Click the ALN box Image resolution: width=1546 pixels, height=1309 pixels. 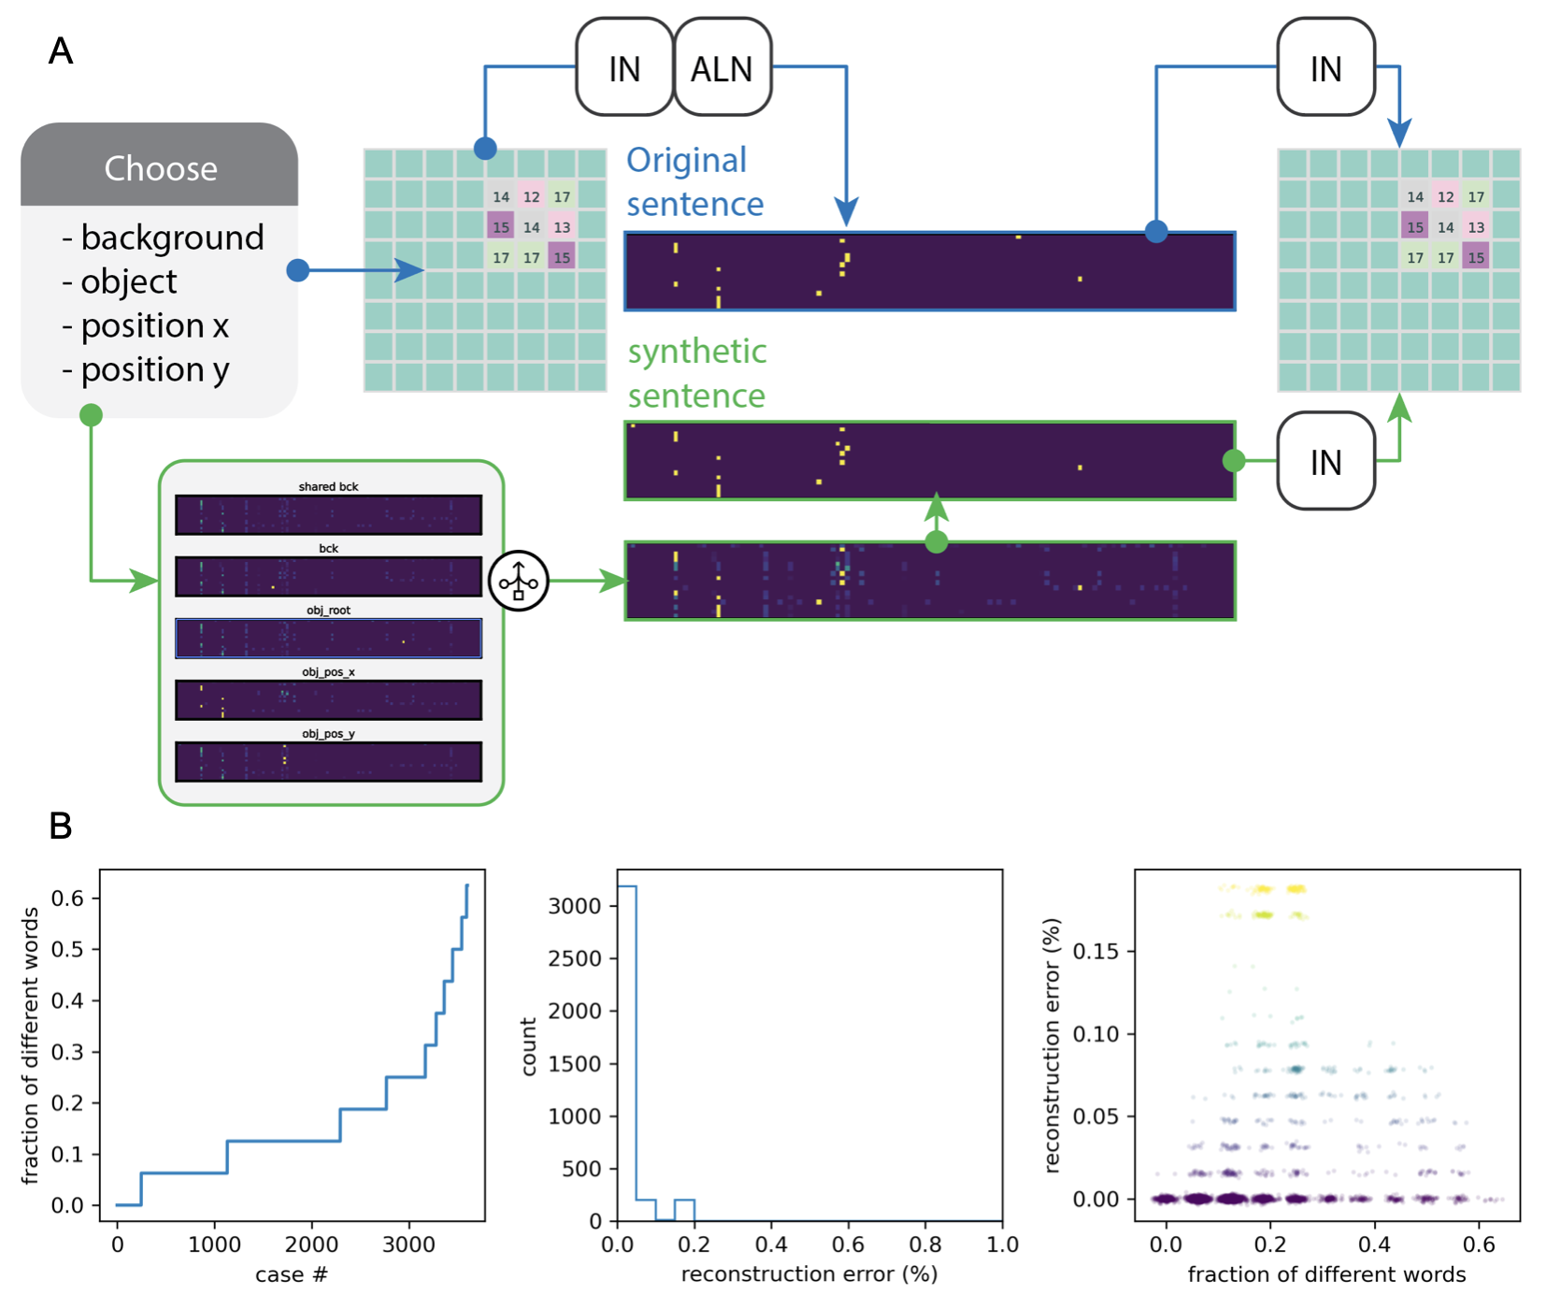click(722, 68)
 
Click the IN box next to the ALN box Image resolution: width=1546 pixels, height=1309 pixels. click(624, 68)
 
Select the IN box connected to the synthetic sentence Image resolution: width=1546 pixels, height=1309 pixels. click(1325, 462)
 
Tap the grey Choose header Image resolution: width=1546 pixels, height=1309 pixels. click(160, 167)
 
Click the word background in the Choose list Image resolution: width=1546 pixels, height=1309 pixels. click(172, 237)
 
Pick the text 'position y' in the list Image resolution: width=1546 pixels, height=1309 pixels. click(154, 370)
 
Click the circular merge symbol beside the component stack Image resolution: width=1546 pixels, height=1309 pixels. click(519, 581)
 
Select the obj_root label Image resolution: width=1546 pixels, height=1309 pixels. click(328, 611)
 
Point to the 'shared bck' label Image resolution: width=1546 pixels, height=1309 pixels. click(328, 487)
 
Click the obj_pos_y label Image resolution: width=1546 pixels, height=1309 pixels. click(328, 734)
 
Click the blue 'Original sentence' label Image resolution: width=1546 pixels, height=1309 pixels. click(694, 182)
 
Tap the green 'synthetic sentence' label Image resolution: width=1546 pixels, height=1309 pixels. click(696, 373)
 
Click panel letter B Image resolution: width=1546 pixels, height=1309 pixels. click(61, 827)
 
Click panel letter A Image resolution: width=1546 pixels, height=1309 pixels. click(61, 50)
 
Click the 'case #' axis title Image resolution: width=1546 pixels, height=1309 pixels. click(292, 1274)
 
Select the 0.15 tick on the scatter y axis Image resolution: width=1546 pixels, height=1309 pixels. click(1095, 952)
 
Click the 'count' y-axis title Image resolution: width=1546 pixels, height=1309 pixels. click(529, 1046)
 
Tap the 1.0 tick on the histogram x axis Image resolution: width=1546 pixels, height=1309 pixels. click(1002, 1245)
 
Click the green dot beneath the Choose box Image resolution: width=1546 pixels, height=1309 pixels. click(91, 415)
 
